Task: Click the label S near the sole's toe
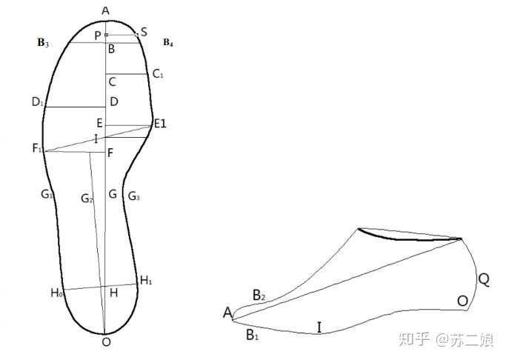[x=144, y=32]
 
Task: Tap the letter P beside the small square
[x=98, y=35]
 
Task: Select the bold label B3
[x=43, y=43]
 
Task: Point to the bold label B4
[x=168, y=42]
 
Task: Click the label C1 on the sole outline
[x=157, y=73]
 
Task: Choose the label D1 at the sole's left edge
[x=37, y=102]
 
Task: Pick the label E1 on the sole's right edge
[x=159, y=123]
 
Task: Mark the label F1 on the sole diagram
[x=37, y=148]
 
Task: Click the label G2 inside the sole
[x=87, y=198]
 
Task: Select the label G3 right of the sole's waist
[x=133, y=196]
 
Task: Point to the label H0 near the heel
[x=56, y=293]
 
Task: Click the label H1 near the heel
[x=146, y=281]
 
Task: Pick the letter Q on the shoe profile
[x=484, y=279]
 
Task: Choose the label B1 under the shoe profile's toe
[x=252, y=334]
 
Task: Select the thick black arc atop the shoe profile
[x=404, y=237]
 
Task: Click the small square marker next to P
[x=106, y=35]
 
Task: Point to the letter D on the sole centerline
[x=113, y=101]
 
